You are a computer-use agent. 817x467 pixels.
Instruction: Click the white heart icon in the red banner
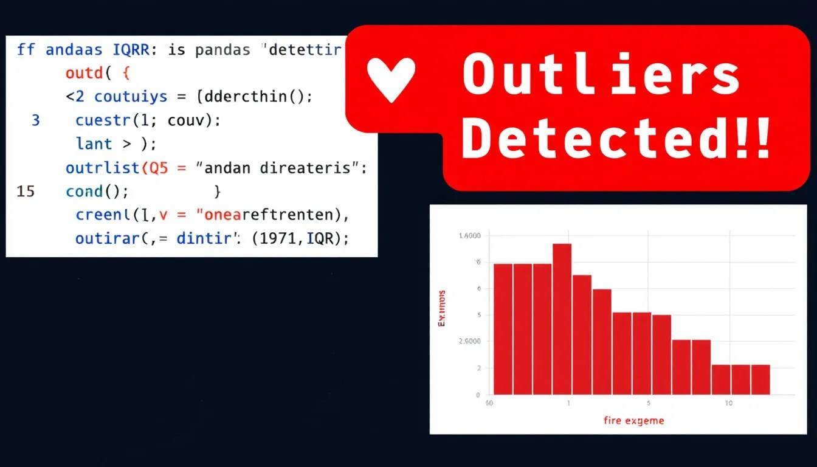tap(391, 80)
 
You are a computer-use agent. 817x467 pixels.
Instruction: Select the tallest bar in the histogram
tap(562, 319)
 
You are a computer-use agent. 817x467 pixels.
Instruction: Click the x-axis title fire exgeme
tap(633, 420)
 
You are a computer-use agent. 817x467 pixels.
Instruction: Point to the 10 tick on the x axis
tap(728, 403)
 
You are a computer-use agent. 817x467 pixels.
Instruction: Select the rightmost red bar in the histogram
tap(760, 379)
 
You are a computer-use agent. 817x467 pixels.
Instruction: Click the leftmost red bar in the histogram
tap(503, 329)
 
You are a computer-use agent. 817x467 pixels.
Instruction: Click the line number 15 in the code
tap(26, 192)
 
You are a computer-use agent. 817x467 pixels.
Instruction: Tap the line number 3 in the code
tap(35, 120)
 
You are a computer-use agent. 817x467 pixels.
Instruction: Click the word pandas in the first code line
tap(222, 50)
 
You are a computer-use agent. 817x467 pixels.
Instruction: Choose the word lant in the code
tap(94, 144)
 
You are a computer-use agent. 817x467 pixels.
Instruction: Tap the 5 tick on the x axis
tap(648, 403)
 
